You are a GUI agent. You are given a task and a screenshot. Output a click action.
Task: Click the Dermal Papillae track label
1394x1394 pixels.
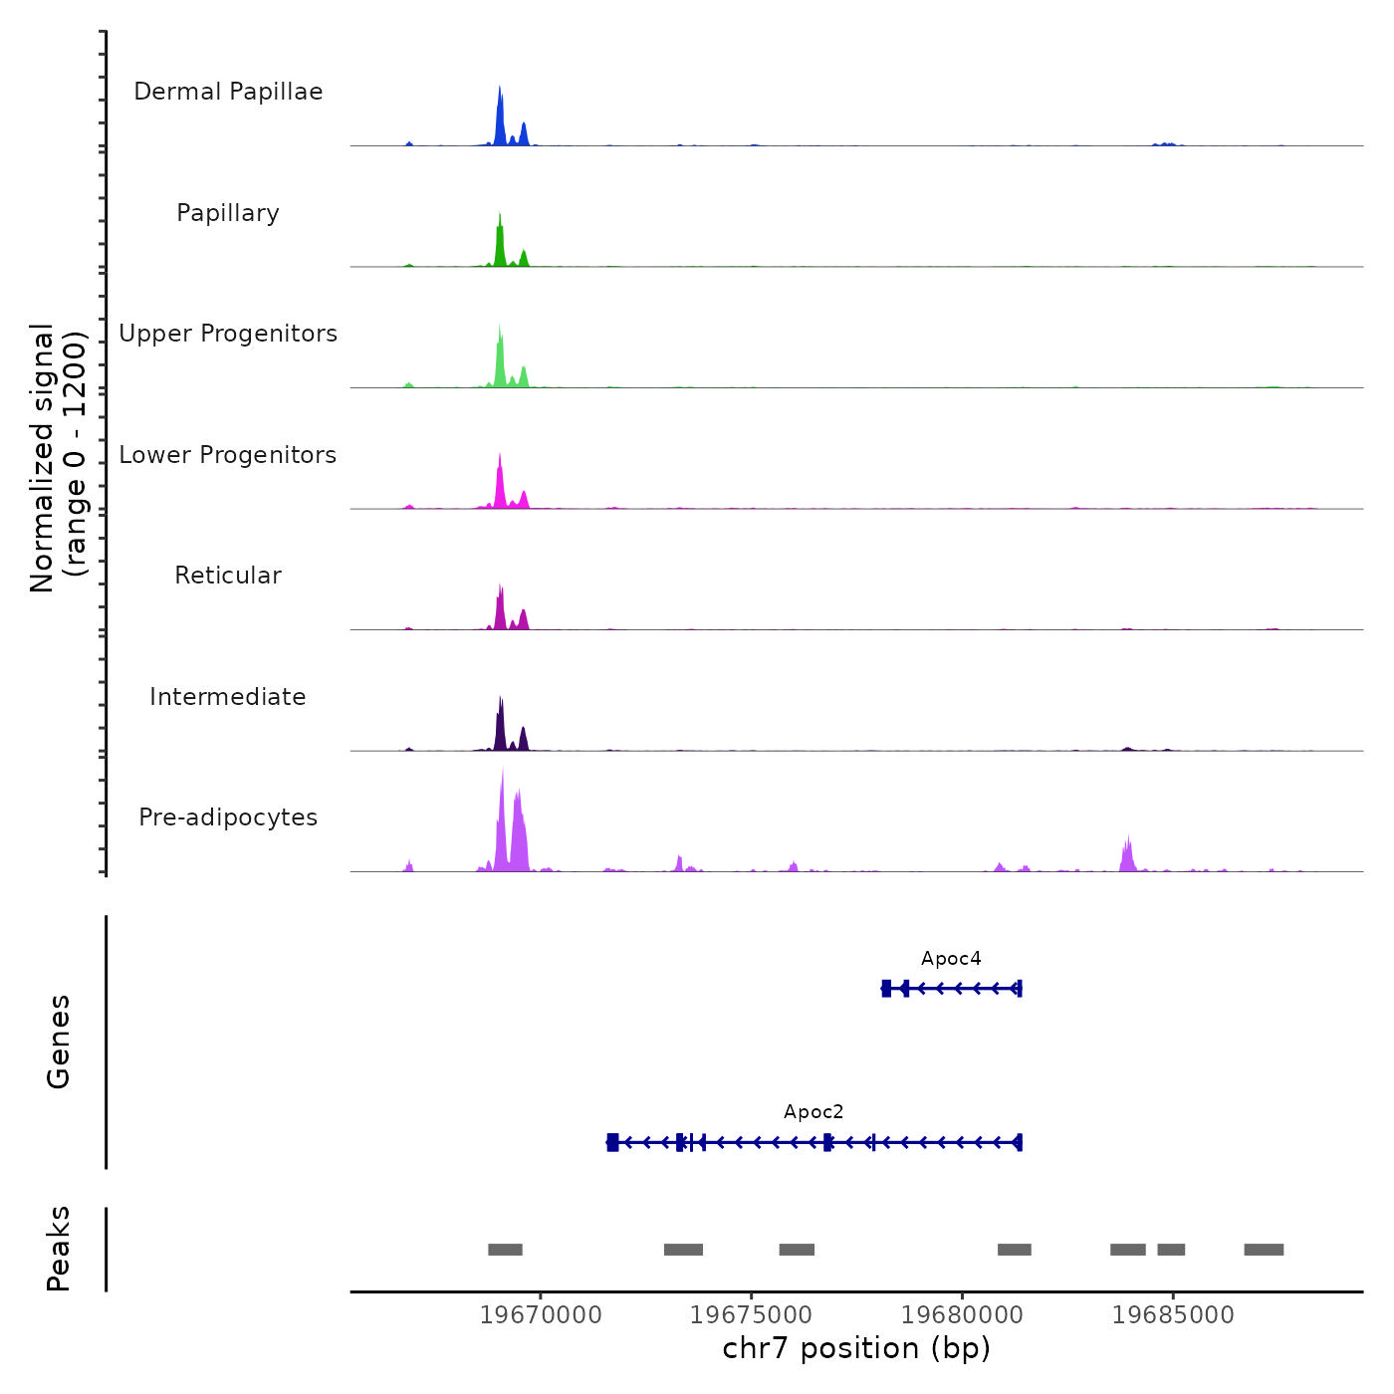click(x=228, y=92)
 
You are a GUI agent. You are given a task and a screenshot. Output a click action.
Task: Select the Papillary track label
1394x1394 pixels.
click(x=228, y=213)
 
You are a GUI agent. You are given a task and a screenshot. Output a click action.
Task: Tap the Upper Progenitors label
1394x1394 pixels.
click(x=228, y=334)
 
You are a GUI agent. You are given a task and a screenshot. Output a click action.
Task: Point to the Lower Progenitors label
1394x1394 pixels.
click(x=228, y=455)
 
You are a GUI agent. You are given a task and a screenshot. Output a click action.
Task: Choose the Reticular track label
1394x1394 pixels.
click(x=228, y=576)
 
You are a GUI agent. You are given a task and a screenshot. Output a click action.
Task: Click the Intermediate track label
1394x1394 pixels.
click(x=228, y=697)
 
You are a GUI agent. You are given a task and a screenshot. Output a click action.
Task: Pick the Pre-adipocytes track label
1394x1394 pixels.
click(x=228, y=817)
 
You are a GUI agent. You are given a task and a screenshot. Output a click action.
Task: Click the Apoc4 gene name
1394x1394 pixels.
click(x=951, y=959)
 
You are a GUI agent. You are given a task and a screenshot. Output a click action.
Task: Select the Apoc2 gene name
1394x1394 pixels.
click(x=813, y=1112)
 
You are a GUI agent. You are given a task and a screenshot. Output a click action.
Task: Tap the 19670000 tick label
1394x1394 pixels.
click(x=541, y=1315)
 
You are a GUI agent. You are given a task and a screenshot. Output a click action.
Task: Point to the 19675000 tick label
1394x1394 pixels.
click(x=752, y=1315)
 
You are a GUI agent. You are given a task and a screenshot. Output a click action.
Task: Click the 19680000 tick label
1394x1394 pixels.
click(x=962, y=1315)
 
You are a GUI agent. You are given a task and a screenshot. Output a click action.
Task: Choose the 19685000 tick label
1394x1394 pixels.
click(x=1173, y=1315)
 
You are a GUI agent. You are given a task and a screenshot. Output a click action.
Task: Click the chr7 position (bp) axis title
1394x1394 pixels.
click(x=856, y=1349)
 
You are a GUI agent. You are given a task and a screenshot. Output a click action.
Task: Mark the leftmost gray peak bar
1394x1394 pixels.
click(x=505, y=1250)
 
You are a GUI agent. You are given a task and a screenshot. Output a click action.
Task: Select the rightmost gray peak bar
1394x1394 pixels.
click(x=1264, y=1250)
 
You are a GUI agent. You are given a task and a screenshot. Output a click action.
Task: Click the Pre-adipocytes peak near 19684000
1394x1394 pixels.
click(x=1127, y=854)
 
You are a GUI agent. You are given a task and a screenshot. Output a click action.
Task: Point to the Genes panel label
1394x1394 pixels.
click(x=59, y=1042)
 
